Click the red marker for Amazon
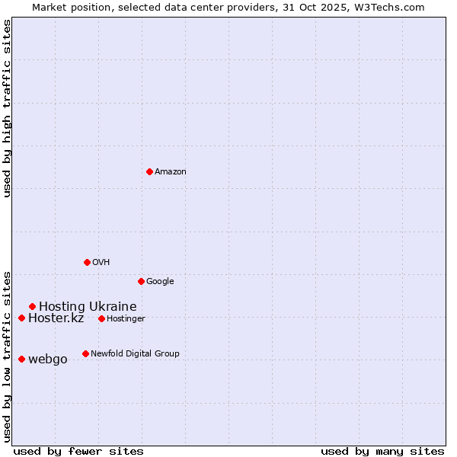point(149,171)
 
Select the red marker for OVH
point(87,262)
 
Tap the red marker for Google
point(141,281)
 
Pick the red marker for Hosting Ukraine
point(32,306)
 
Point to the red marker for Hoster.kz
point(21,318)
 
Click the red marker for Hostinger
point(101,318)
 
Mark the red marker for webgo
point(21,359)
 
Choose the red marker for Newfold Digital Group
point(85,353)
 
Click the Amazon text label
point(171,171)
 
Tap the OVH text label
point(101,262)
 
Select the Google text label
point(160,281)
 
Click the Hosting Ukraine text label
point(88,307)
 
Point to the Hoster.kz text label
point(56,318)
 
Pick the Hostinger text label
point(126,318)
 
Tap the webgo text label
point(47,360)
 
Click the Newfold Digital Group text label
point(135,353)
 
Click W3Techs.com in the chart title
point(389,7)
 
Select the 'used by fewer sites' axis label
point(78,451)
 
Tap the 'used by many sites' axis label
point(382,451)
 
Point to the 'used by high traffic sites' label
point(7,108)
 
